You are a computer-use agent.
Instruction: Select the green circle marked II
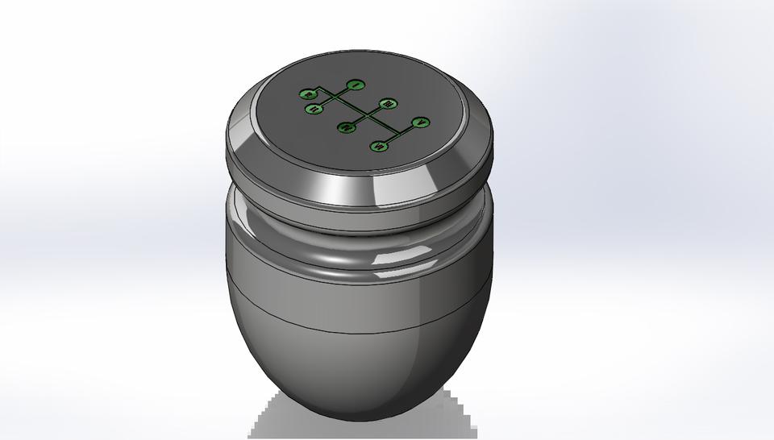pyautogui.click(x=313, y=109)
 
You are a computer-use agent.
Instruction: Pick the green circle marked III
pyautogui.click(x=388, y=104)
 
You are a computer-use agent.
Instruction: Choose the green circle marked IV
pyautogui.click(x=346, y=127)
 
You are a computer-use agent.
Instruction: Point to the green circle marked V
pyautogui.click(x=420, y=122)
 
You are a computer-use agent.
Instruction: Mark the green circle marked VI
pyautogui.click(x=379, y=146)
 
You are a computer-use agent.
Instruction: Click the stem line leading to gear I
pyautogui.click(x=344, y=90)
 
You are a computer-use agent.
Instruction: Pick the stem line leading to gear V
pyautogui.click(x=410, y=129)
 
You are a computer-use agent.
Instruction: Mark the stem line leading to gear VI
pyautogui.click(x=389, y=141)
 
